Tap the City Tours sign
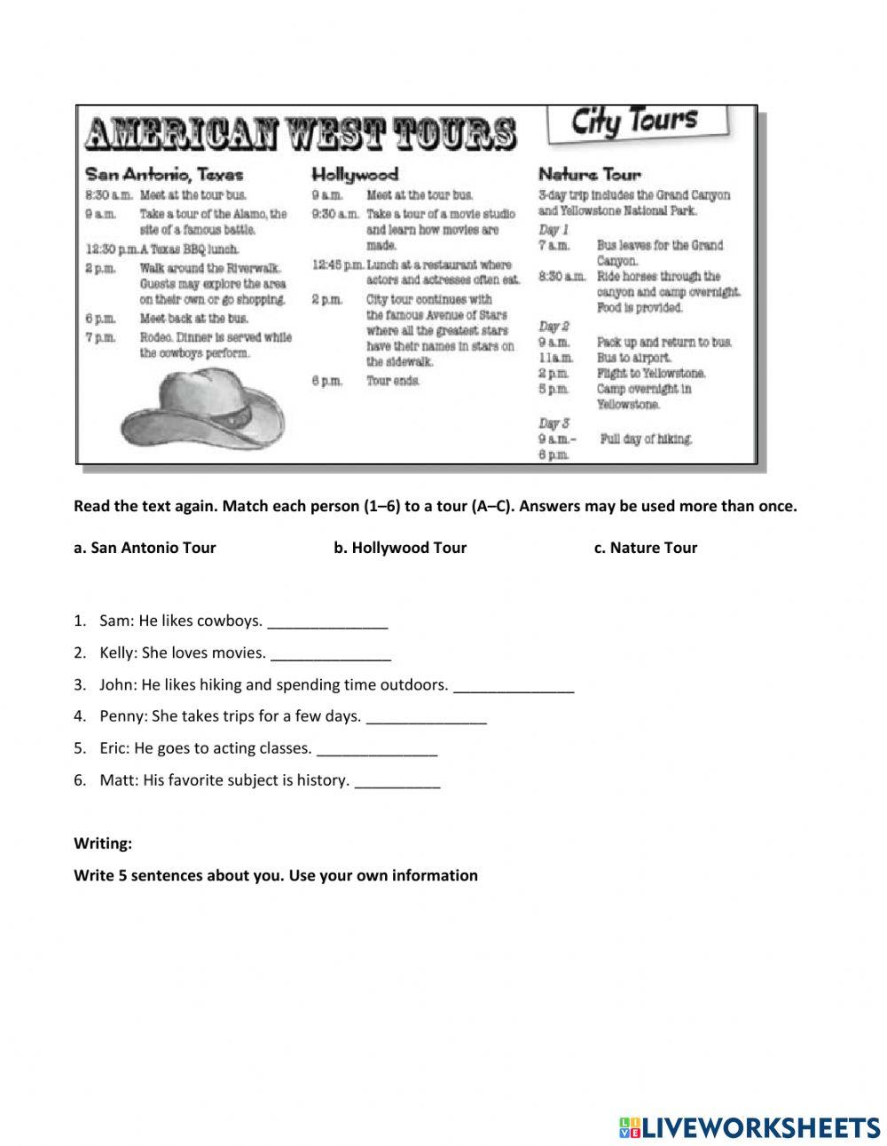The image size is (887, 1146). pyautogui.click(x=635, y=123)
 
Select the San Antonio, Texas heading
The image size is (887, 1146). pyautogui.click(x=163, y=174)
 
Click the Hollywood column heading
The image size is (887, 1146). pyautogui.click(x=355, y=174)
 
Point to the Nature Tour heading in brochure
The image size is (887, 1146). pyautogui.click(x=589, y=174)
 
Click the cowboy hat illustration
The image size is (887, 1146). pyautogui.click(x=204, y=408)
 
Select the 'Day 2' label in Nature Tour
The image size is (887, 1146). pyautogui.click(x=553, y=326)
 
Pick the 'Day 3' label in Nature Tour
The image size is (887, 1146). pyautogui.click(x=553, y=423)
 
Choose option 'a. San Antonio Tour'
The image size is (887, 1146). pyautogui.click(x=145, y=548)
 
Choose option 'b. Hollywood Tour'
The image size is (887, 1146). pyautogui.click(x=400, y=548)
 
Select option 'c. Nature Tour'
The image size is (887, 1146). pyautogui.click(x=646, y=548)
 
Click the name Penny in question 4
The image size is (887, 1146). pyautogui.click(x=118, y=716)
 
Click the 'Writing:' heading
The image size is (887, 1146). pyautogui.click(x=103, y=843)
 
